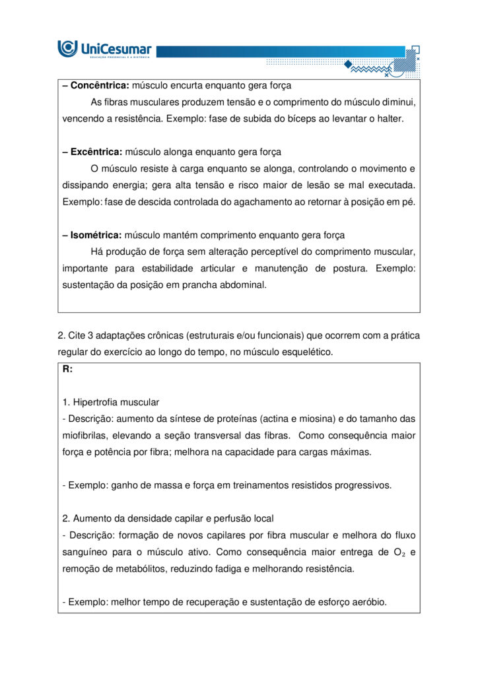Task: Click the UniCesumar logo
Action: (x=104, y=48)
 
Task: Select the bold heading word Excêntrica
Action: (x=96, y=152)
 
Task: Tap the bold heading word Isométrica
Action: (x=96, y=235)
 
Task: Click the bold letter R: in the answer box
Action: (x=68, y=369)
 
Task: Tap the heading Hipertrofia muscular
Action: (x=116, y=402)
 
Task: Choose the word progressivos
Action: (x=362, y=485)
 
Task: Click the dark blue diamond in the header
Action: (x=348, y=63)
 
